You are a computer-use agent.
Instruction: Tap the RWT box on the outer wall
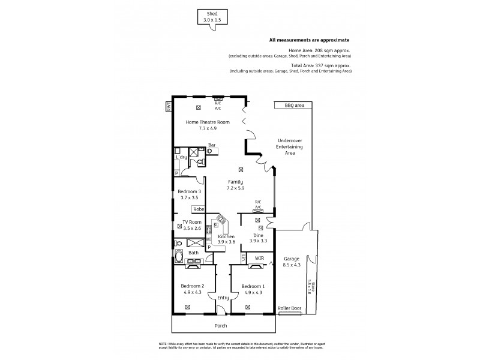169,106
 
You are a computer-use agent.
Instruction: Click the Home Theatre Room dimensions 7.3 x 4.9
198,128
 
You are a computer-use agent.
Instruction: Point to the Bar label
212,145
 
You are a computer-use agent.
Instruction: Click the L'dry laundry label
181,157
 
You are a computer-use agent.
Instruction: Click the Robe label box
198,209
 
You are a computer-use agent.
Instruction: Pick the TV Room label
191,223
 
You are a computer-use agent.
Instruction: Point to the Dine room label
258,236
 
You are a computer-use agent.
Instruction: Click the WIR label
259,258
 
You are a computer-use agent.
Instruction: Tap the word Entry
223,298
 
